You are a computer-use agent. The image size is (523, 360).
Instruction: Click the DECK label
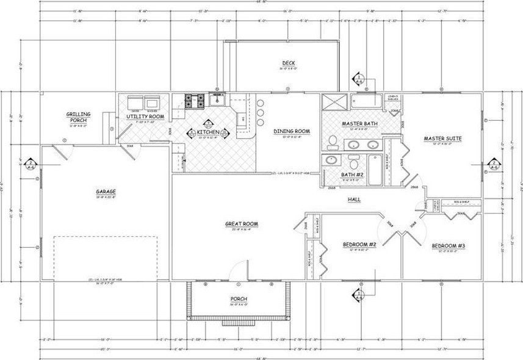point(289,63)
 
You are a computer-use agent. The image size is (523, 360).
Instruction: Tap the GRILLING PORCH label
point(79,117)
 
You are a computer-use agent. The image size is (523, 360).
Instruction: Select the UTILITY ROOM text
point(145,116)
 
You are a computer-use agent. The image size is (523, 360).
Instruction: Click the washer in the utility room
point(151,102)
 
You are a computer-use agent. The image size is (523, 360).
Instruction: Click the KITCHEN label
point(207,131)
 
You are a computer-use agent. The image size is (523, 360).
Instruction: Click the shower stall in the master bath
point(334,101)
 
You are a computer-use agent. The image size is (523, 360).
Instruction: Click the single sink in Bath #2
point(331,160)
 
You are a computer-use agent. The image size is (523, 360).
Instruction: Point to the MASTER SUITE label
point(442,139)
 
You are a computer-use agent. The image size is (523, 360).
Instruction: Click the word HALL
point(353,200)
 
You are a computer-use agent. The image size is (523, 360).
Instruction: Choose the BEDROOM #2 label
point(359,245)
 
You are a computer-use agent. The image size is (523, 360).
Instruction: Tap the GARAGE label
point(106,192)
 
